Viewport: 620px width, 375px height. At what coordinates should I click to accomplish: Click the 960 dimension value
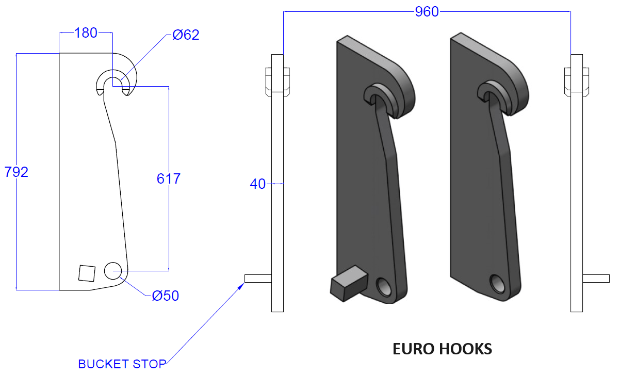pyautogui.click(x=427, y=11)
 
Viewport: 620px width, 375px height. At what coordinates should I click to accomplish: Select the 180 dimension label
pyautogui.click(x=86, y=33)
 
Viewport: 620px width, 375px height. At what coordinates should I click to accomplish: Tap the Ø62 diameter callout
pyautogui.click(x=186, y=35)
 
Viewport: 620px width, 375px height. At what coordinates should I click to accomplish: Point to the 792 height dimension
pyautogui.click(x=16, y=172)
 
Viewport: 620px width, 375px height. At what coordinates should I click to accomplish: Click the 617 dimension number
pyautogui.click(x=168, y=179)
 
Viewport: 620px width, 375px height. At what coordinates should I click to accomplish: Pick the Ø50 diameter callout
pyautogui.click(x=166, y=296)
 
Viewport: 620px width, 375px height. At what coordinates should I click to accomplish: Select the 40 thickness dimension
pyautogui.click(x=257, y=184)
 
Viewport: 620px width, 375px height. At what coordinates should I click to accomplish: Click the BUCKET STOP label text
pyautogui.click(x=122, y=364)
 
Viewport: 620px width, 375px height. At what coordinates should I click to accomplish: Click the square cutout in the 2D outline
pyautogui.click(x=87, y=273)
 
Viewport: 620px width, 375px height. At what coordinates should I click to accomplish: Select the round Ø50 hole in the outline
pyautogui.click(x=112, y=270)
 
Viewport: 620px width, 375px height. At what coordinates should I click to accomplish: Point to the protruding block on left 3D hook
pyautogui.click(x=347, y=283)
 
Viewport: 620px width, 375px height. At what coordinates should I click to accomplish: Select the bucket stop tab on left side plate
pyautogui.click(x=258, y=279)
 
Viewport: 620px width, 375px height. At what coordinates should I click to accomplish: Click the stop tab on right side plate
pyautogui.click(x=595, y=279)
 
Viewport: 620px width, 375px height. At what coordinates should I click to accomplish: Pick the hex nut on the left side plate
pyautogui.click(x=277, y=81)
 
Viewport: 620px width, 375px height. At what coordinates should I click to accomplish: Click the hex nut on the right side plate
pyautogui.click(x=577, y=81)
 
